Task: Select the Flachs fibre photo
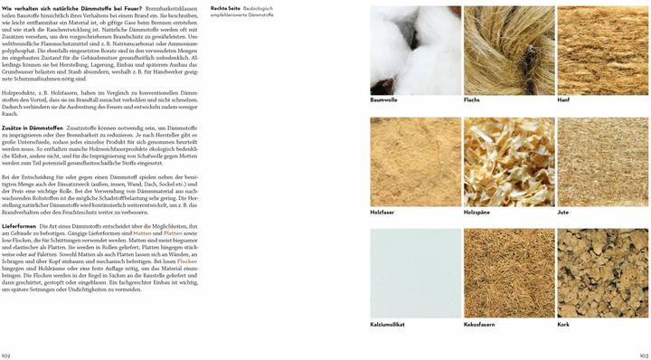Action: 508,49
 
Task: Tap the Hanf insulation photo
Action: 601,49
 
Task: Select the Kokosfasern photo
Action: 508,271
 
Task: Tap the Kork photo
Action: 601,271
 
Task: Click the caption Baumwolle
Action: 384,99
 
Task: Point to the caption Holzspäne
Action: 478,212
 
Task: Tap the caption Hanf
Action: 563,99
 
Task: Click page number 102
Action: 6,355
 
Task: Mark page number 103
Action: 644,355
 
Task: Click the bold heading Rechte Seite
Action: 224,8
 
